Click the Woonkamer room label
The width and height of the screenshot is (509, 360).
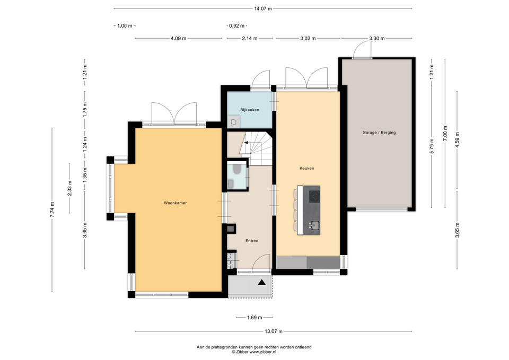pyautogui.click(x=175, y=203)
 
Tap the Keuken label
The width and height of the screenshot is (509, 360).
pyautogui.click(x=307, y=168)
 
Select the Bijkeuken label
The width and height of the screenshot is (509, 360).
pyautogui.click(x=250, y=110)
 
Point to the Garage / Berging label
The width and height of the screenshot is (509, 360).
pyautogui.click(x=379, y=133)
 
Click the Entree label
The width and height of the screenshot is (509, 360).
pyautogui.click(x=252, y=241)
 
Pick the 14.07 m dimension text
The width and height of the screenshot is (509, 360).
pyautogui.click(x=263, y=9)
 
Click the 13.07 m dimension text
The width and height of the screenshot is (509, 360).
pyautogui.click(x=274, y=331)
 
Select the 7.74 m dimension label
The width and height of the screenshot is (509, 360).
pyautogui.click(x=52, y=210)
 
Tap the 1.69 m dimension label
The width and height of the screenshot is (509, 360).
pyautogui.click(x=254, y=318)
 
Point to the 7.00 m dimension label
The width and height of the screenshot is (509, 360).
pyautogui.click(x=445, y=134)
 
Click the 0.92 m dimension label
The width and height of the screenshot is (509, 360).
pyautogui.click(x=236, y=25)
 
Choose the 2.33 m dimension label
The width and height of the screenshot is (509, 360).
pyautogui.click(x=69, y=188)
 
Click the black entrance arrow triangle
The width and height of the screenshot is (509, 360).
pyautogui.click(x=261, y=283)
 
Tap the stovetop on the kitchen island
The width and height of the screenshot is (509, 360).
pyautogui.click(x=314, y=196)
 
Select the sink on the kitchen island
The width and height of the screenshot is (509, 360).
pyautogui.click(x=314, y=224)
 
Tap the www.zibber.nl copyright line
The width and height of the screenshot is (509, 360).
pyautogui.click(x=254, y=352)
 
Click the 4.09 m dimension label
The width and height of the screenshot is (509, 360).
pyautogui.click(x=179, y=38)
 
